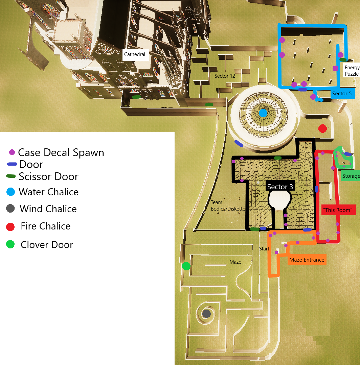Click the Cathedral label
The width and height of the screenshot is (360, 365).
pos(135,54)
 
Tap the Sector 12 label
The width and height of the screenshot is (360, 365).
pos(225,76)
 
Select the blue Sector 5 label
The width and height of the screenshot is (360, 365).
pos(342,94)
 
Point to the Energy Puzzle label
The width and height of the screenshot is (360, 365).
pos(352,71)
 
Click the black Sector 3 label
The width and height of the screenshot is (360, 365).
pos(280,187)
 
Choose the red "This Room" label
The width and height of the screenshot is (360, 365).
pos(338,210)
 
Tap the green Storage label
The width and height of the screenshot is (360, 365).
pos(350,176)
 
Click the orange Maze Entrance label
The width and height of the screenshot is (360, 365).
pos(307,260)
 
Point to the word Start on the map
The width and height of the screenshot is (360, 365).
pos(264,249)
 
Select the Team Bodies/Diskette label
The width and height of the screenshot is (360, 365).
pos(227,205)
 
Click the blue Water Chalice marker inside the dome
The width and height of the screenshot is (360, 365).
pos(263,113)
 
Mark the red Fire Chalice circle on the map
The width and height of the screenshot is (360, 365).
pos(322,128)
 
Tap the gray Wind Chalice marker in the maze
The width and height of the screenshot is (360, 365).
pos(206,314)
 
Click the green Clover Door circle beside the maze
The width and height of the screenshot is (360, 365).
pos(186,266)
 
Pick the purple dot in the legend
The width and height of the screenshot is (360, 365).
pos(12,152)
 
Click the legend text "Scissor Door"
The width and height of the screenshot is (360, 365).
pos(48,176)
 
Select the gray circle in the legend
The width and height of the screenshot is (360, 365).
pos(10,209)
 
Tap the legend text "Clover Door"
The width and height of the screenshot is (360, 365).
pos(47,245)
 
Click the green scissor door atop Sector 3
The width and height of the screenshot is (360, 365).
pos(277,158)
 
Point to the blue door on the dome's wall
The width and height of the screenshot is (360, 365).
pos(239,144)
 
